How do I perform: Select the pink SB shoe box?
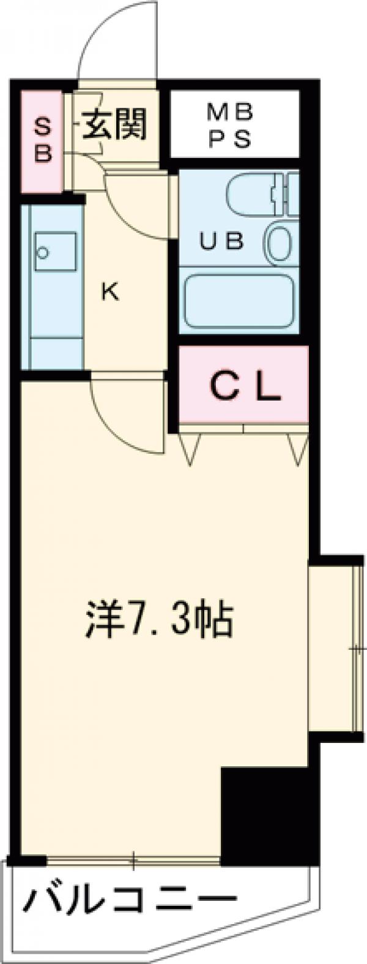[x=42, y=140]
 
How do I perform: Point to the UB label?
[x=223, y=241]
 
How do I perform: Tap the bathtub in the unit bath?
[x=239, y=302]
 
